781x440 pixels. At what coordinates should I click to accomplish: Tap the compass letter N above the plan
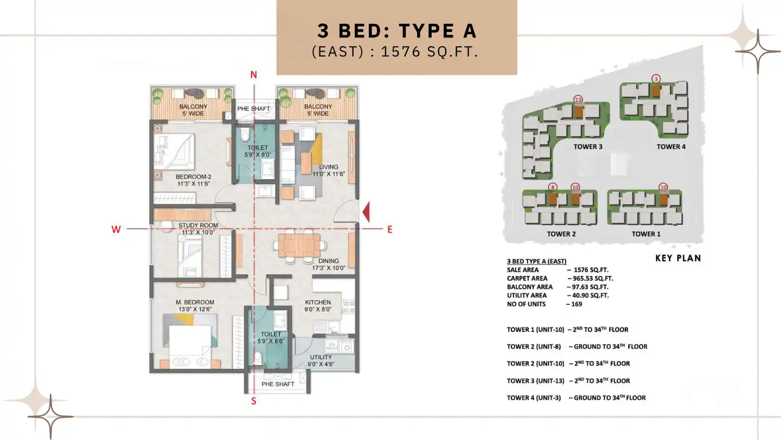tap(253, 75)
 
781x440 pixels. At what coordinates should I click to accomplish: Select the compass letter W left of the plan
tap(116, 229)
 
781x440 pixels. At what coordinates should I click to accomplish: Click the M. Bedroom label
tap(194, 305)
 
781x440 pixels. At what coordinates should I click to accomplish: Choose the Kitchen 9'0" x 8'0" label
tap(318, 306)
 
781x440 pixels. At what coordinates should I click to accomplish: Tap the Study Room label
tap(198, 229)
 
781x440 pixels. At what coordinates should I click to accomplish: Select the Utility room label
tap(321, 361)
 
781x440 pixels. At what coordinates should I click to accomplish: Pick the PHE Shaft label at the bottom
tap(278, 384)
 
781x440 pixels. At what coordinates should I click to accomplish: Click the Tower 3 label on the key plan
tap(588, 147)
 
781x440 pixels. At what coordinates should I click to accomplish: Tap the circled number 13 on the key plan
tap(578, 99)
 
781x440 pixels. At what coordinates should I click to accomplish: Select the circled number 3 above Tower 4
tap(656, 79)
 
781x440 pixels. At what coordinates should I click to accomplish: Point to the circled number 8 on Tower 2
tap(552, 187)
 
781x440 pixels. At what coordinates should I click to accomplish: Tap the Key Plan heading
tap(678, 258)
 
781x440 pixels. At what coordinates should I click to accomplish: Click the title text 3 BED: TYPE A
tap(397, 31)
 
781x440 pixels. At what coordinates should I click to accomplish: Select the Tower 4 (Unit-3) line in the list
tap(576, 398)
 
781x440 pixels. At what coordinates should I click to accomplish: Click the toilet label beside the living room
tap(258, 151)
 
